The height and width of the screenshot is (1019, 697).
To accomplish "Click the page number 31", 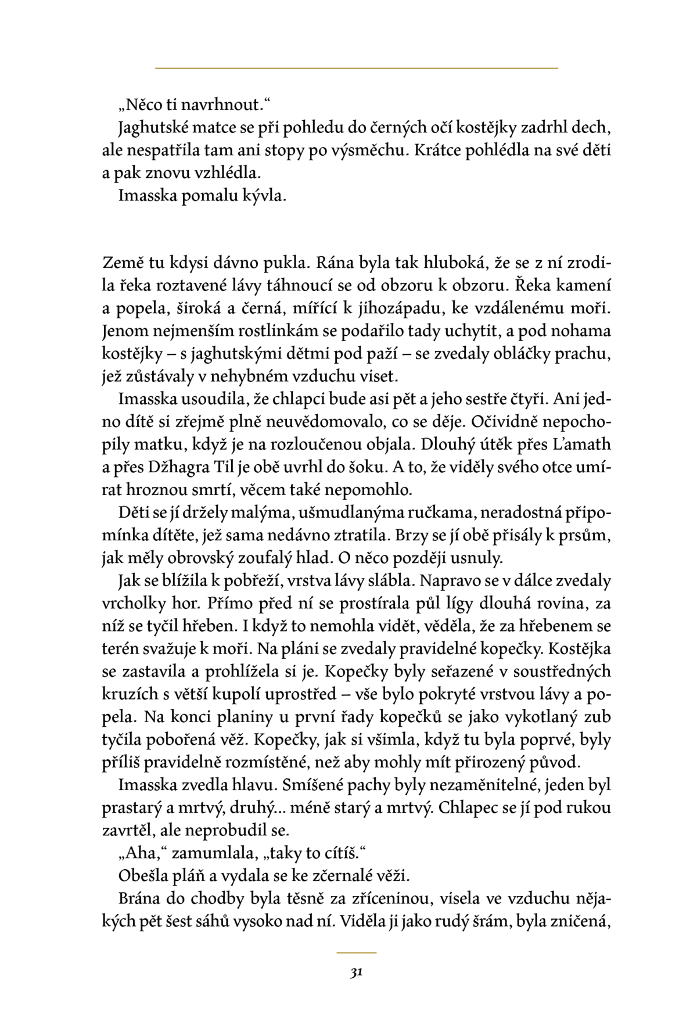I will click(x=357, y=973).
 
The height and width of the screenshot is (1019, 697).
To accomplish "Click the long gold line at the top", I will click(x=356, y=69).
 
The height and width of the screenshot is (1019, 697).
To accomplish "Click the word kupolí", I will click(x=262, y=694).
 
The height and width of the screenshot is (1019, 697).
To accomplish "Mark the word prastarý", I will click(x=129, y=808).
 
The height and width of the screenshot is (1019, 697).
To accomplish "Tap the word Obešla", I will click(x=142, y=876).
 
